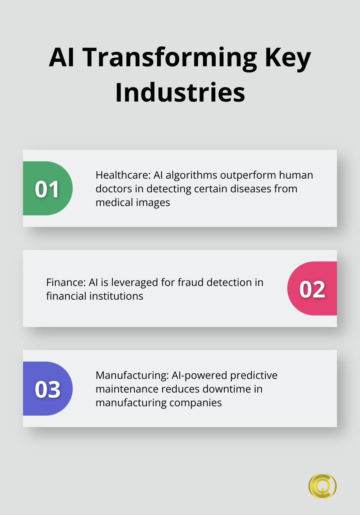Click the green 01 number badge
[47, 189]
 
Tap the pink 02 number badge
[312, 289]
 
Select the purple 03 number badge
[47, 389]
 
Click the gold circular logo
[323, 486]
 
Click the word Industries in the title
[180, 93]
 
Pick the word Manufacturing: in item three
[132, 375]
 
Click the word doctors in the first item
[114, 189]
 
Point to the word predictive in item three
[254, 375]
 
